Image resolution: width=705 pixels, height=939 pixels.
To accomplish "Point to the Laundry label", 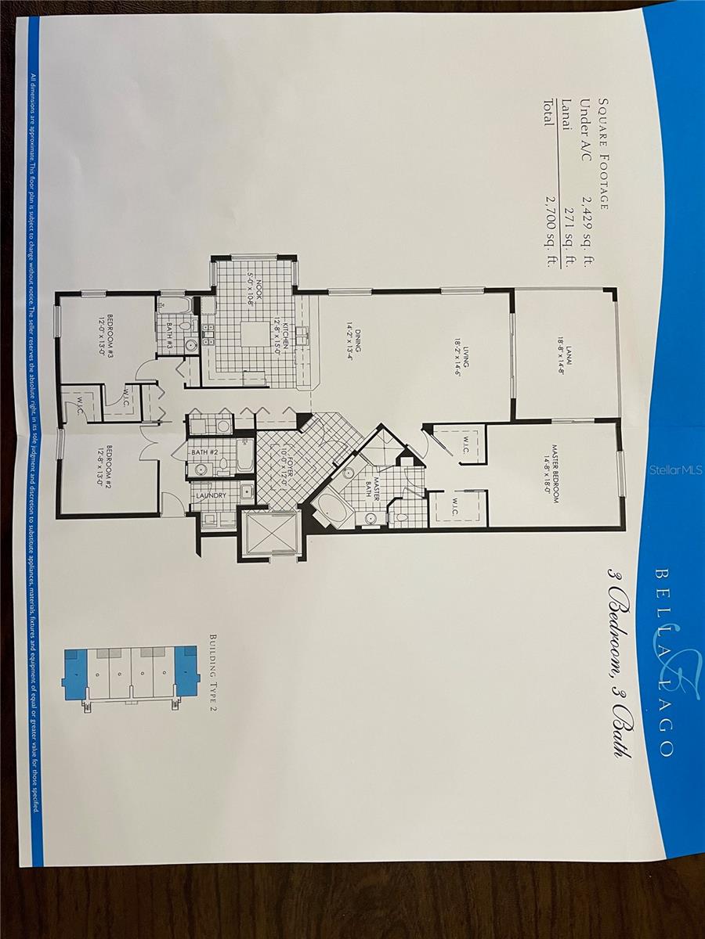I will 211,495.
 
